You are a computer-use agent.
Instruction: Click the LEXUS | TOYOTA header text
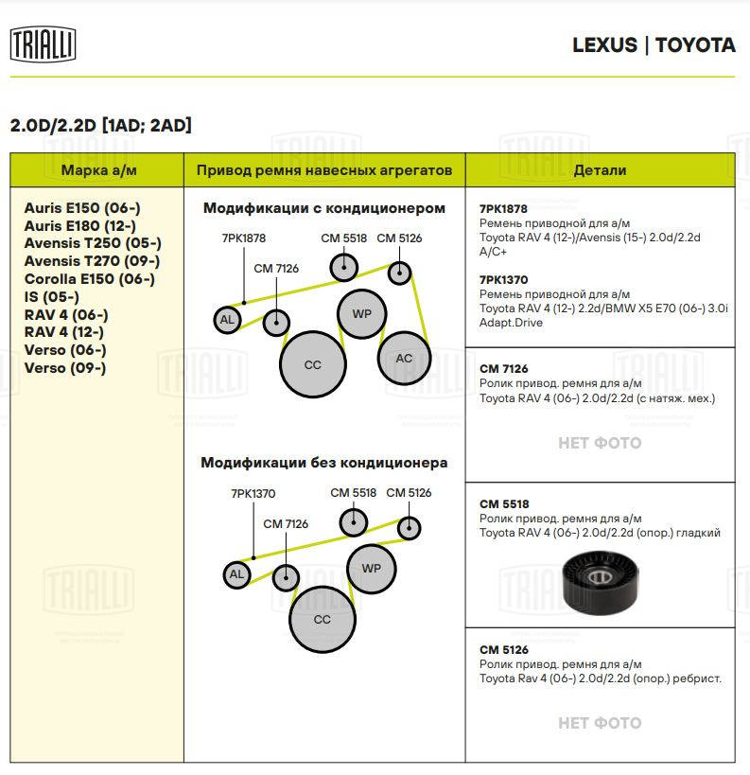pos(654,45)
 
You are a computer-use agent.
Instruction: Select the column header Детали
pos(600,170)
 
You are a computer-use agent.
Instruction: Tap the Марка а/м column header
pos(96,170)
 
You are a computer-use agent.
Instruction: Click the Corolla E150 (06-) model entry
pos(89,279)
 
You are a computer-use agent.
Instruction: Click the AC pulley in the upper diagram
pos(404,358)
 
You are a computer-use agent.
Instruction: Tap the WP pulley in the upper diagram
pos(361,314)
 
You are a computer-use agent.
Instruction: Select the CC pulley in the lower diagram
pos(322,619)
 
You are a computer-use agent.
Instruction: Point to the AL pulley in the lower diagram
pos(236,573)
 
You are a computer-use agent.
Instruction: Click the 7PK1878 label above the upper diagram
pos(243,238)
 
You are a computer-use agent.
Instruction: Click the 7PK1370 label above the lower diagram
pos(253,493)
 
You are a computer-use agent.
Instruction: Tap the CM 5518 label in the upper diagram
pos(343,238)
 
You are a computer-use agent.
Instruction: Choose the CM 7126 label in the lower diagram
pos(286,523)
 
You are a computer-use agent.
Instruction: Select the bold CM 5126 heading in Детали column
pos(503,650)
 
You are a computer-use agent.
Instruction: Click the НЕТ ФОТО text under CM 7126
pos(600,443)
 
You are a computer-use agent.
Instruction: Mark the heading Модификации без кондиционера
pos(323,463)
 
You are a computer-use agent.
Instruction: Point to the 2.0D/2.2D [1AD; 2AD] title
pos(100,125)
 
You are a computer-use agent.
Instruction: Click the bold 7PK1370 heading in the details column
pos(503,280)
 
